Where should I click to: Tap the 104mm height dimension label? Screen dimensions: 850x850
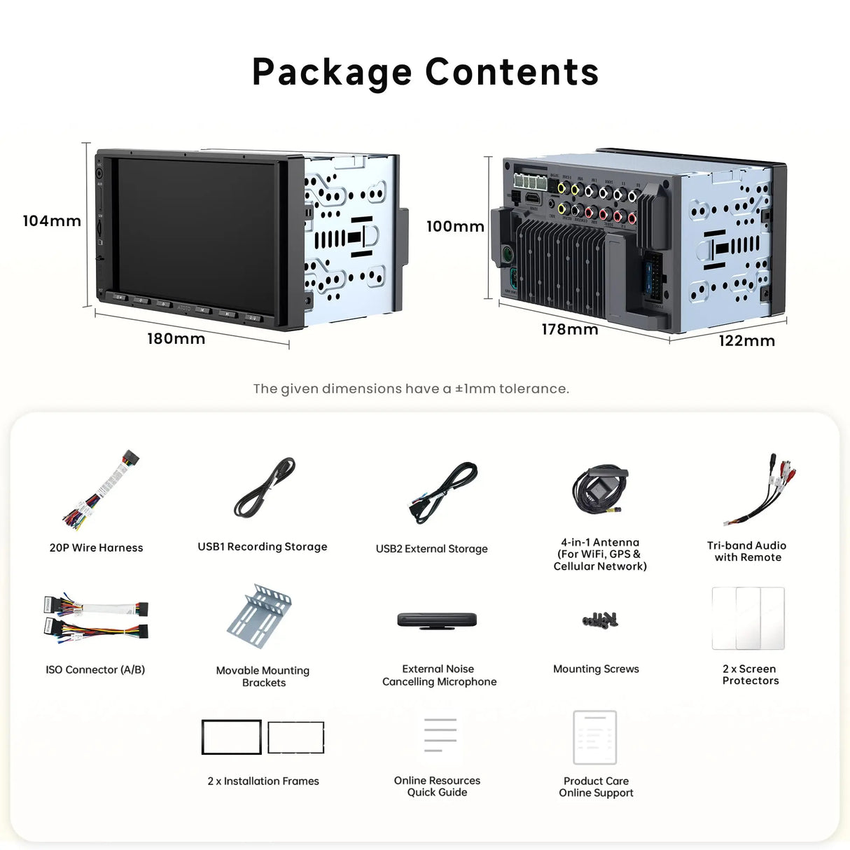pyautogui.click(x=52, y=221)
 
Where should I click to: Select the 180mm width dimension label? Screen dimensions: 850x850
pyautogui.click(x=176, y=339)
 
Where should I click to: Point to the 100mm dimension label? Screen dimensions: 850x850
pyautogui.click(x=455, y=226)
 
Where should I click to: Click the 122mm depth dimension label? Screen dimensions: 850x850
pyautogui.click(x=746, y=341)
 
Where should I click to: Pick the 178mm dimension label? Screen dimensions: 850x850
pyautogui.click(x=570, y=329)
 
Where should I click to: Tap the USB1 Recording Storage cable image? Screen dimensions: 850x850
pyautogui.click(x=265, y=488)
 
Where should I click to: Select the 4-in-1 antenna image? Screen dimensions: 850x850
pyautogui.click(x=599, y=489)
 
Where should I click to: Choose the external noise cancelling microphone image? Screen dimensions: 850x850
pyautogui.click(x=437, y=620)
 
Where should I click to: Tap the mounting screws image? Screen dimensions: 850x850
pyautogui.click(x=600, y=619)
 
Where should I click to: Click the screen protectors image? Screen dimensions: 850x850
pyautogui.click(x=748, y=618)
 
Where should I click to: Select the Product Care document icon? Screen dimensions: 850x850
pyautogui.click(x=594, y=737)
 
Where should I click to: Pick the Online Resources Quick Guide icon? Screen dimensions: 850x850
pyautogui.click(x=440, y=737)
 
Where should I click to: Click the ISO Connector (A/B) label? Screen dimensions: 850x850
pyautogui.click(x=95, y=670)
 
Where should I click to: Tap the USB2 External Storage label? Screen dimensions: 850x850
pyautogui.click(x=431, y=549)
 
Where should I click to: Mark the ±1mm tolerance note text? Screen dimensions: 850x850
pyautogui.click(x=411, y=389)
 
